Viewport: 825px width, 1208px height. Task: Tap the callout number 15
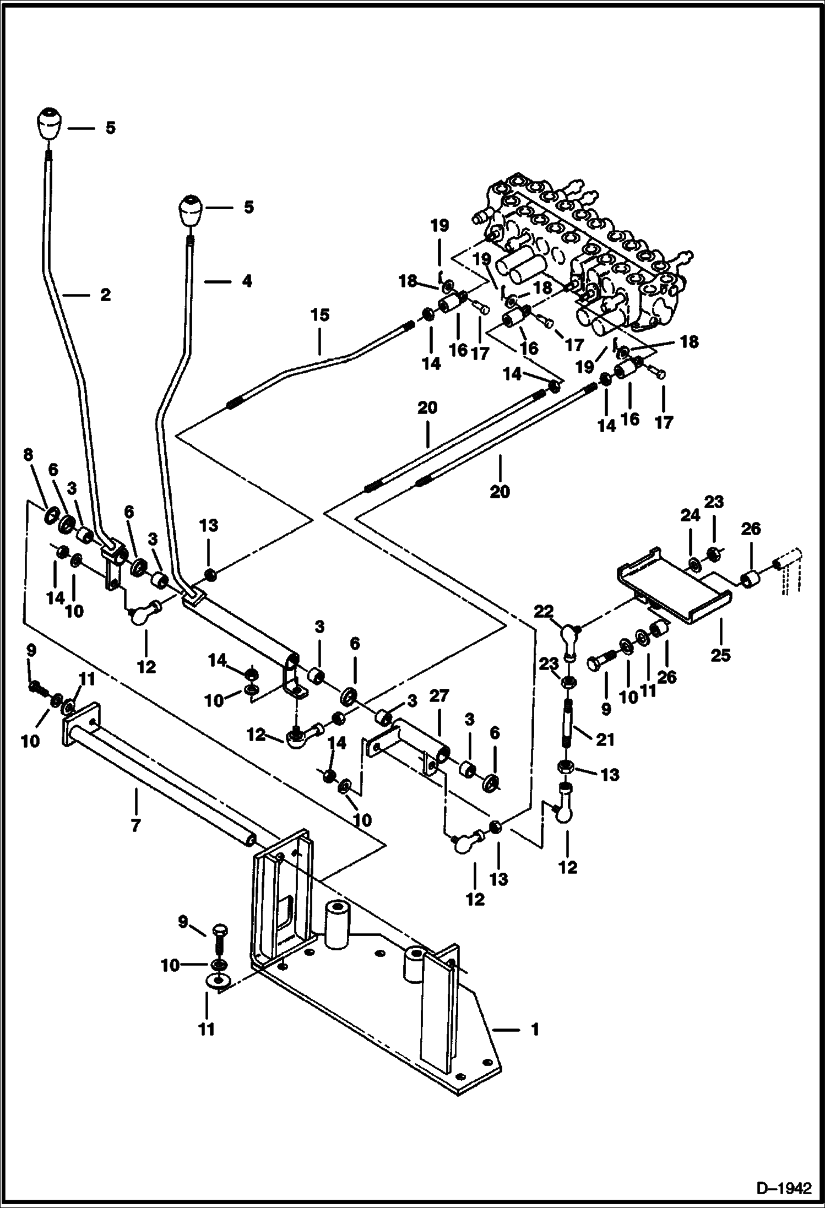click(319, 315)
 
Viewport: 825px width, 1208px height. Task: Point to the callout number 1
click(535, 1030)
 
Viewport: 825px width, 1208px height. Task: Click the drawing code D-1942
click(784, 1188)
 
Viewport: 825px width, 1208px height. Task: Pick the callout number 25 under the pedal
click(720, 655)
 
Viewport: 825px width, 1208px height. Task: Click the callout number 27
click(439, 696)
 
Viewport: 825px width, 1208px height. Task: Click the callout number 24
click(690, 515)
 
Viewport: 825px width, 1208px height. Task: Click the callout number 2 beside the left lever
click(105, 295)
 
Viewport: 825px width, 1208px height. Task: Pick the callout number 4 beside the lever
click(247, 281)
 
